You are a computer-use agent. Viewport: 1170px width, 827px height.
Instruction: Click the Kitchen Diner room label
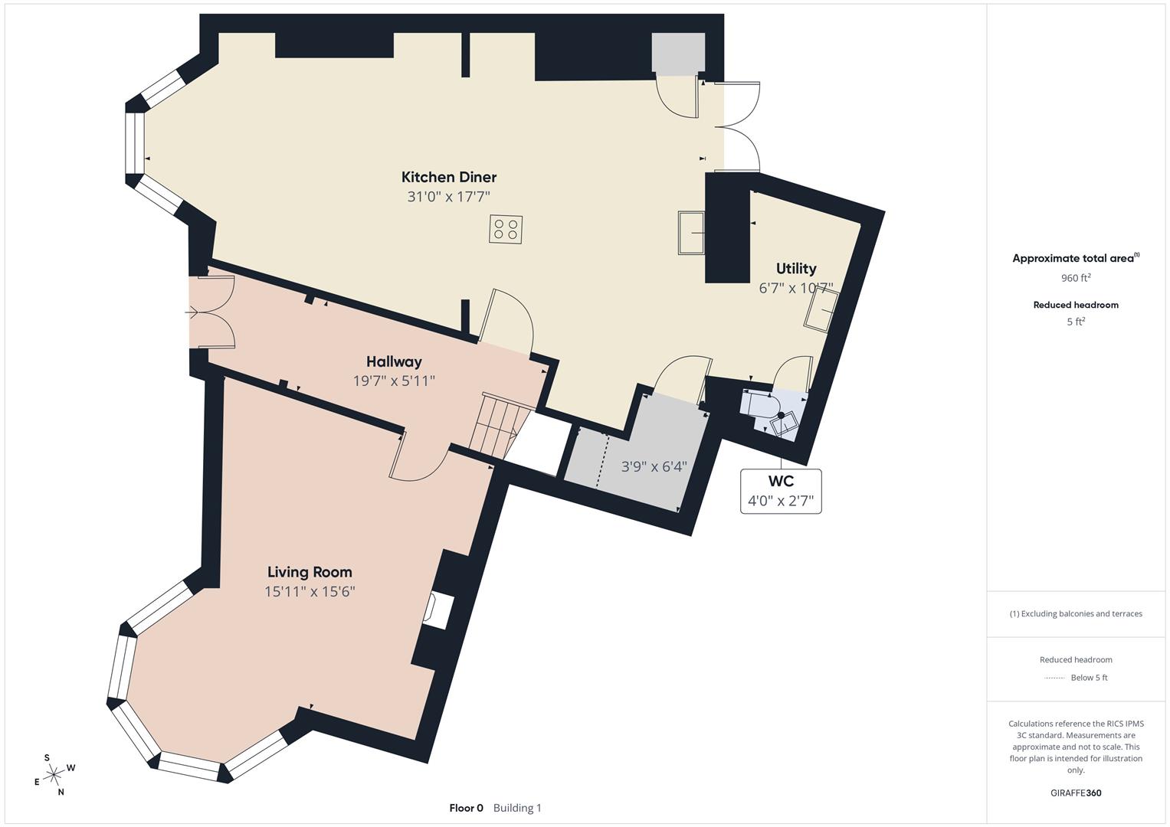[449, 177]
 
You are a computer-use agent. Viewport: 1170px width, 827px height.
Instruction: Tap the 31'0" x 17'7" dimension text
[448, 197]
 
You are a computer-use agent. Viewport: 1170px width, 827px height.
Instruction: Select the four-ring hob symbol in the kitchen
[506, 229]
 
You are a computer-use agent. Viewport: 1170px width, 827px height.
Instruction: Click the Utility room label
[795, 268]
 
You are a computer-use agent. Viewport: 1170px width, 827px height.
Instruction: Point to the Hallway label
[394, 361]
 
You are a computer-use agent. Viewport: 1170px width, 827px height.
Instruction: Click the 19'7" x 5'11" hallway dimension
[394, 381]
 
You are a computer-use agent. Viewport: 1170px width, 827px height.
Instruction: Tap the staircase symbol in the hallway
[500, 426]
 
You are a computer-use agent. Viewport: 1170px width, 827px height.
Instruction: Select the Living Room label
[310, 572]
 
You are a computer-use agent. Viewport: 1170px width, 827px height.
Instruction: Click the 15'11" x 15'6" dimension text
[310, 591]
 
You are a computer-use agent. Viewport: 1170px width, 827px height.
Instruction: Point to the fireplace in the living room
[435, 611]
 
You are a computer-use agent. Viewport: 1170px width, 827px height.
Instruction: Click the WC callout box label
[781, 482]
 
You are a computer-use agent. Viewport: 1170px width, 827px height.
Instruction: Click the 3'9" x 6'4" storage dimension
[654, 466]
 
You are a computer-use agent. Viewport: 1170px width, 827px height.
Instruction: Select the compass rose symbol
[54, 775]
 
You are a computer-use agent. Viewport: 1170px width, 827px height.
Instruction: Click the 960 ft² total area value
[1076, 278]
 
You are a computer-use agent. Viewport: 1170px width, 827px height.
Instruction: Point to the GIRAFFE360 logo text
[1076, 793]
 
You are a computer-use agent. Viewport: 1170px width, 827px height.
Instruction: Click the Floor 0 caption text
[466, 808]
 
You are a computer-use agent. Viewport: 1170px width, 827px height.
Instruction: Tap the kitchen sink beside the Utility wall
[691, 233]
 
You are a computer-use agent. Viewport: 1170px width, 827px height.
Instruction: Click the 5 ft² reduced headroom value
[1076, 322]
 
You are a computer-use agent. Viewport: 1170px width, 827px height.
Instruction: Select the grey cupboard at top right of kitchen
[677, 54]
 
